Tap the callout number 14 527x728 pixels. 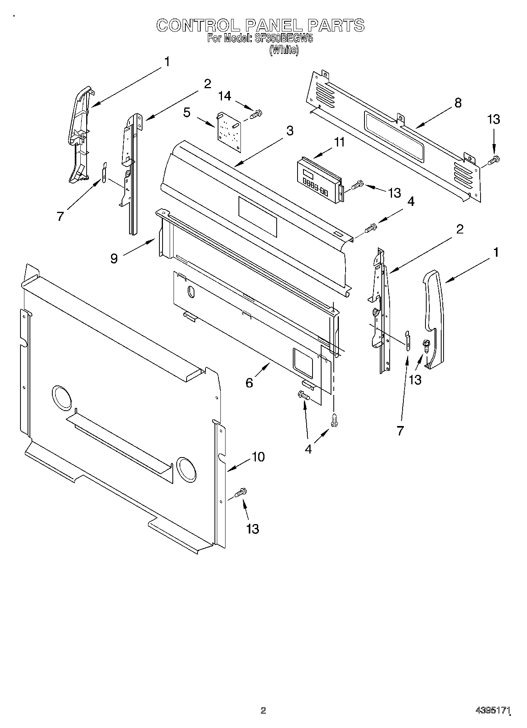pos(225,96)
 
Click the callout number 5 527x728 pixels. pos(187,113)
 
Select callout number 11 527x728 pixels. pos(339,142)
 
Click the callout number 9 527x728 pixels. pos(114,259)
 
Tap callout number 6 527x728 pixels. pos(249,382)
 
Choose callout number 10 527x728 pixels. pos(258,457)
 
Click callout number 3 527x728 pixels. pos(290,131)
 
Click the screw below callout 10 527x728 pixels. pos(240,492)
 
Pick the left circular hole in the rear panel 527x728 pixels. pos(62,397)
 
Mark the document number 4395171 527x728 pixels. pos(493,710)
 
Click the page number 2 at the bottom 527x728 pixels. pos(263,711)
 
